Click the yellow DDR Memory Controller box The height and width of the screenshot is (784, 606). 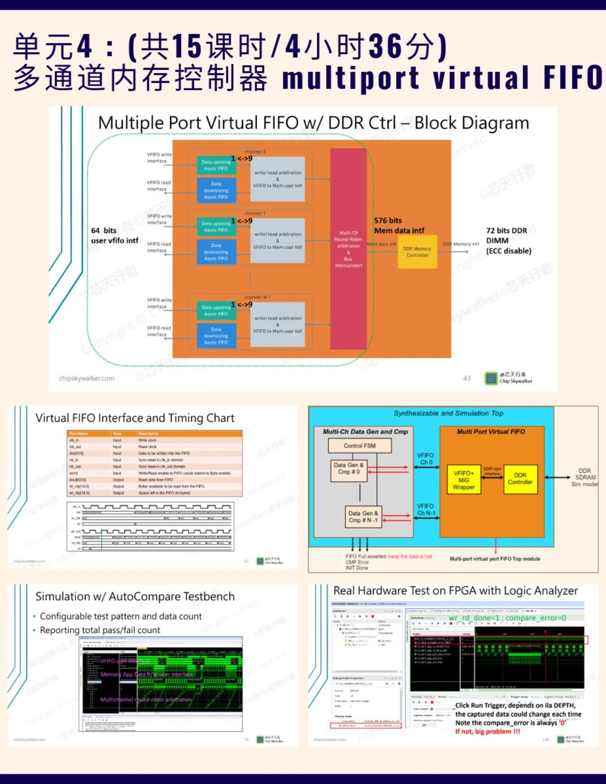pos(417,252)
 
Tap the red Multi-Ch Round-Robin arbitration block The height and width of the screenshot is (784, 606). pos(348,249)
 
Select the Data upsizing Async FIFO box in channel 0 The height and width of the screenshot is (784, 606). pos(216,165)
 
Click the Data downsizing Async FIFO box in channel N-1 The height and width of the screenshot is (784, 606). pos(216,335)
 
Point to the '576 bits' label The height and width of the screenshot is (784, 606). pos(388,220)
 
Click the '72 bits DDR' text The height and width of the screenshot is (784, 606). pos(506,230)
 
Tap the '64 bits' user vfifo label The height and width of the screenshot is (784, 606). pos(104,230)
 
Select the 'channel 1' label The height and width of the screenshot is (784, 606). pos(255,213)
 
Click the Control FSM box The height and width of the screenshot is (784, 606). pos(360,446)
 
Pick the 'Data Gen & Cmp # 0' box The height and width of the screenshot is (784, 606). pos(349,468)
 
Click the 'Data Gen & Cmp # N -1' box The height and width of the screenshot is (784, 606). pos(363,517)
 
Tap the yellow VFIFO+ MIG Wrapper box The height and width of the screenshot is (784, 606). pos(463,480)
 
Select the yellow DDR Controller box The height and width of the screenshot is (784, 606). pos(520,479)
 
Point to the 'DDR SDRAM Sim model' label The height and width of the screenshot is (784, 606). pos(585,477)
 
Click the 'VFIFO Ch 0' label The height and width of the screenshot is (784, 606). pos(425,458)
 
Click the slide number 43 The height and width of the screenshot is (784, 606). pos(467,379)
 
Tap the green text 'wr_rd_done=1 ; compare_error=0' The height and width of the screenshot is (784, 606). pos(507,618)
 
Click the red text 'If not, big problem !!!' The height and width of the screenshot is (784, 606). pos(488,731)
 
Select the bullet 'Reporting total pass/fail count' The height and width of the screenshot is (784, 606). pos(100,630)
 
